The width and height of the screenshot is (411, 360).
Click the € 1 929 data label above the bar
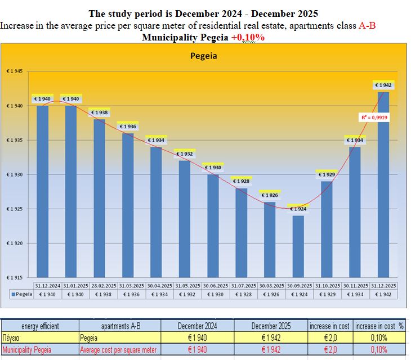tap(327, 174)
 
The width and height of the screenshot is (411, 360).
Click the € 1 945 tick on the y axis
tap(15, 71)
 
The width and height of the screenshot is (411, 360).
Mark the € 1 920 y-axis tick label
tap(15, 244)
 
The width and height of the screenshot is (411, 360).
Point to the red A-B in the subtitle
tap(367, 25)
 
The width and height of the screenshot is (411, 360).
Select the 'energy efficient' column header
tap(39, 326)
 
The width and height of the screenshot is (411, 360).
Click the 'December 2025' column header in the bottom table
tap(271, 326)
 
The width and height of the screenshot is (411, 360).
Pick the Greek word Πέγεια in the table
tap(12, 338)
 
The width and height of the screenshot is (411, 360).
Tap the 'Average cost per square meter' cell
tap(119, 350)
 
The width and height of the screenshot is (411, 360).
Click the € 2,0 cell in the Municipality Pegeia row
tap(329, 350)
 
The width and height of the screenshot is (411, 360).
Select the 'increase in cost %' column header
tap(381, 326)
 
